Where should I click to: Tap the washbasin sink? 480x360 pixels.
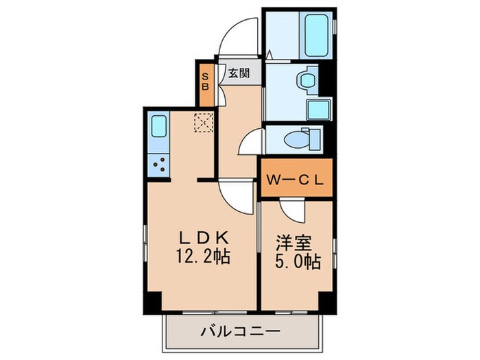coord(306,80)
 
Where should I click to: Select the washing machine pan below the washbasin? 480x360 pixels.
coord(318,110)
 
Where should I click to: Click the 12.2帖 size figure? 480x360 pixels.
coord(204,259)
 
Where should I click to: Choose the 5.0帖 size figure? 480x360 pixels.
coord(296,261)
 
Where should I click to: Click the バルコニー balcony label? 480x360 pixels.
coord(240,332)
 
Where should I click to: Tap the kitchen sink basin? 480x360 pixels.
coord(159,128)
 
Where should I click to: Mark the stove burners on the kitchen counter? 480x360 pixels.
coord(159,165)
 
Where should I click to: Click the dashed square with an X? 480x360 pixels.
coord(204,122)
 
